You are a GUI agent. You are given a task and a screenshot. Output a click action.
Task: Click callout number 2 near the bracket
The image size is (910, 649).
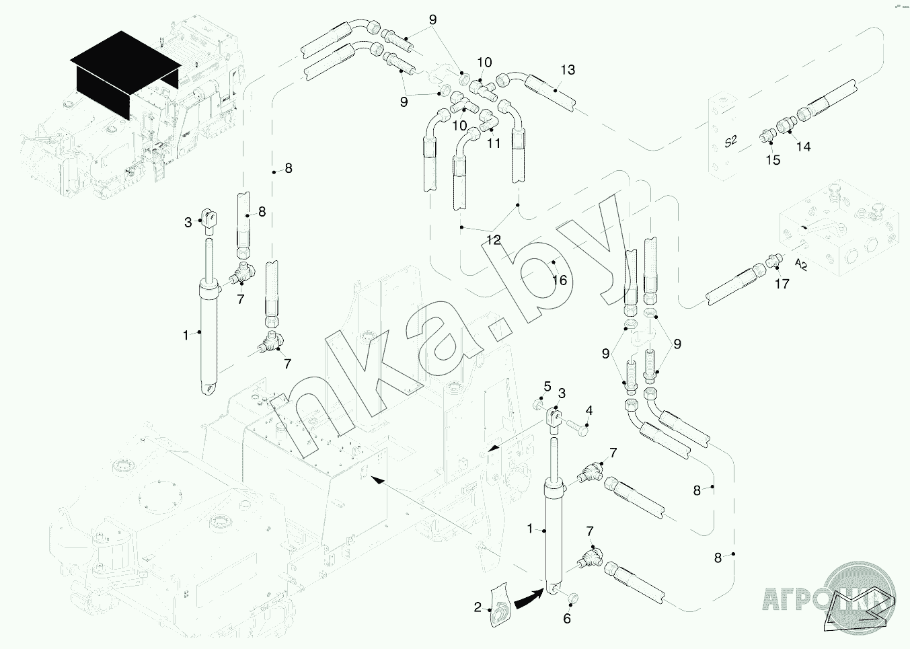click(x=478, y=607)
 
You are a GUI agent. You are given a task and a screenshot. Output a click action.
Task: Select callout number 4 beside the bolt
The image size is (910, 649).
click(x=589, y=411)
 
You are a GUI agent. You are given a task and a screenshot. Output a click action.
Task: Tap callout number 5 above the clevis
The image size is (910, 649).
click(x=547, y=387)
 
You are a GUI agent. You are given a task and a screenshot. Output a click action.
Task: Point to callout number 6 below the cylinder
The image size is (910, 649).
click(x=567, y=619)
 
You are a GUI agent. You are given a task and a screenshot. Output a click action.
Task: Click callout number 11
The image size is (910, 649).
click(x=494, y=143)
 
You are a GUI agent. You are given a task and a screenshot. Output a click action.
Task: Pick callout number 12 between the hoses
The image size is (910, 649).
click(x=494, y=240)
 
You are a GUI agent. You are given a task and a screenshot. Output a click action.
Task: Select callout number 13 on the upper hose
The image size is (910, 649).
click(x=568, y=70)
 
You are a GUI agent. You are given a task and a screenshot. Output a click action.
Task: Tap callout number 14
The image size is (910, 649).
click(x=804, y=147)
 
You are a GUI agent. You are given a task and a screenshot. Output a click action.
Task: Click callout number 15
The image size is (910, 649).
click(x=773, y=160)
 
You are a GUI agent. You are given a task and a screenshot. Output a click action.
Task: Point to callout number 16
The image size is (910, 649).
click(x=560, y=280)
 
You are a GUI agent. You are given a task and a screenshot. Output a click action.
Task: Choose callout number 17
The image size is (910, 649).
click(x=782, y=284)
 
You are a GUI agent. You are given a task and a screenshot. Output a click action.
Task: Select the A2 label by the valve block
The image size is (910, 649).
click(x=800, y=264)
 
